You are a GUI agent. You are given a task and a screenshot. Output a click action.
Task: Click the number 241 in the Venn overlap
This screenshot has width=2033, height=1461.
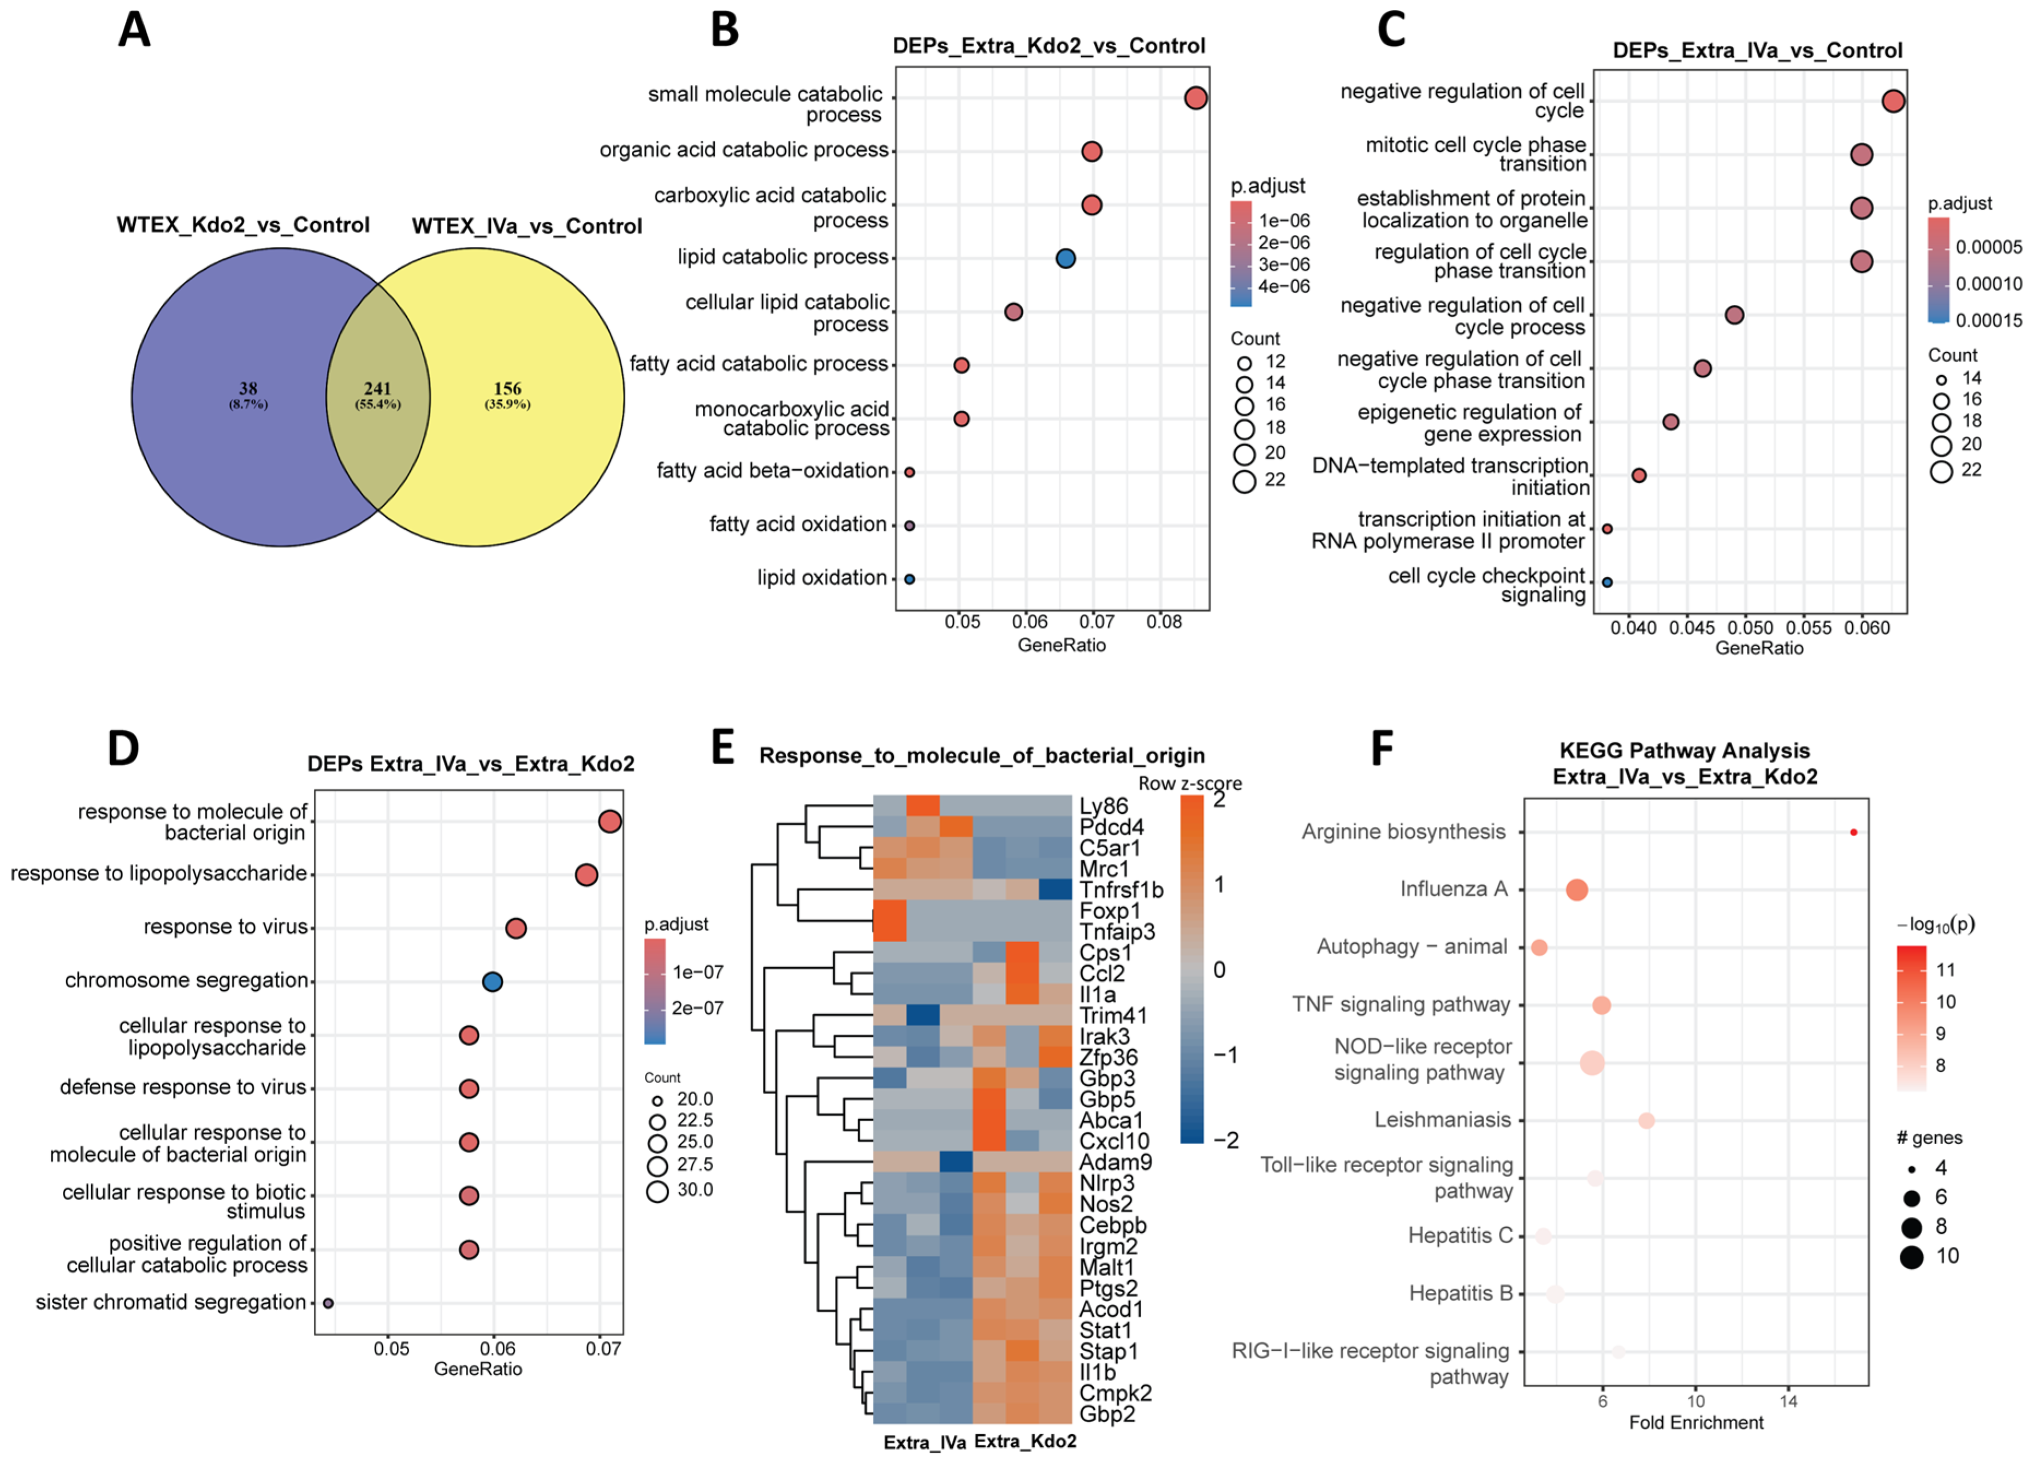coord(377,388)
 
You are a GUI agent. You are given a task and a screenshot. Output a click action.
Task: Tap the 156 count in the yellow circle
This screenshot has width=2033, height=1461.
coord(507,388)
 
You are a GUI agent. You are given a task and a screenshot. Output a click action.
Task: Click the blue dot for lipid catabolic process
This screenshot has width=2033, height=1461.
coord(1065,258)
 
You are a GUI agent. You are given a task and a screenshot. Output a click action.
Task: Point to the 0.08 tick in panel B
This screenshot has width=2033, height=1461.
coord(1164,621)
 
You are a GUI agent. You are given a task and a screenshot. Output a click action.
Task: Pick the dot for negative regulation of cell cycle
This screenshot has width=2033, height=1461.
coord(1893,101)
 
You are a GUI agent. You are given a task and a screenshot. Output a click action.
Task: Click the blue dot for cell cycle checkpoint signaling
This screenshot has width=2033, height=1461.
coord(1607,582)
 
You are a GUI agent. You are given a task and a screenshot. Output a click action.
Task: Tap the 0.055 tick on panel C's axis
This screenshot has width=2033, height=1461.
coord(1810,628)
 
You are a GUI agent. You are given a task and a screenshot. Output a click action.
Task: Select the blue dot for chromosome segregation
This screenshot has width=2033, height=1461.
coord(492,981)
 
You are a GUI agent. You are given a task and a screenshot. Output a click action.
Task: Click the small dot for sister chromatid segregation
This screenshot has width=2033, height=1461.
coord(328,1303)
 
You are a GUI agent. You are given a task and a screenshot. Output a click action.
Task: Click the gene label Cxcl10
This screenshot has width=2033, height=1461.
coord(1114,1141)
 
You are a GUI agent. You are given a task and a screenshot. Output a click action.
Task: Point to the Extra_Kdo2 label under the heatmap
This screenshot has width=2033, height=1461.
coord(1024,1440)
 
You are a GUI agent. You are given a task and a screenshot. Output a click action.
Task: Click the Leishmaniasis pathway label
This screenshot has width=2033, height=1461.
coord(1442,1120)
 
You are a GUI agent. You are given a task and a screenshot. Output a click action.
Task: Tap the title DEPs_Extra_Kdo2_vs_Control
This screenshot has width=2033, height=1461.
coord(1049,46)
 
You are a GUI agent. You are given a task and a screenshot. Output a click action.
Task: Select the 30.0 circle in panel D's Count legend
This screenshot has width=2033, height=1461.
coord(657,1191)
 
